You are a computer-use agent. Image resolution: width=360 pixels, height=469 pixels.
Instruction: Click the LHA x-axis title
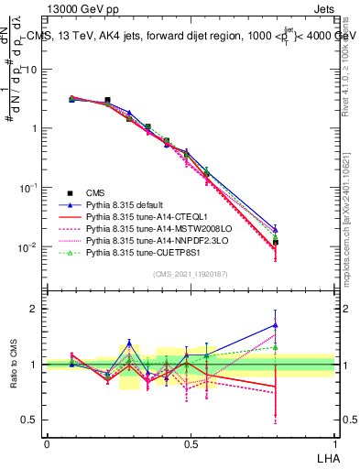(x=325, y=457)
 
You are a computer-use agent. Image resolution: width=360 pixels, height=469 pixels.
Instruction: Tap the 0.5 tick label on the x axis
(x=190, y=443)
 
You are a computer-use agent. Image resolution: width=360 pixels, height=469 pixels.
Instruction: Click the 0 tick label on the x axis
(x=47, y=443)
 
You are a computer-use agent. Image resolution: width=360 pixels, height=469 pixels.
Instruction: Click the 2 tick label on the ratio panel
(x=36, y=309)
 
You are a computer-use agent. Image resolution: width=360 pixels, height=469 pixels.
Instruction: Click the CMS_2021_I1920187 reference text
(x=189, y=272)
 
